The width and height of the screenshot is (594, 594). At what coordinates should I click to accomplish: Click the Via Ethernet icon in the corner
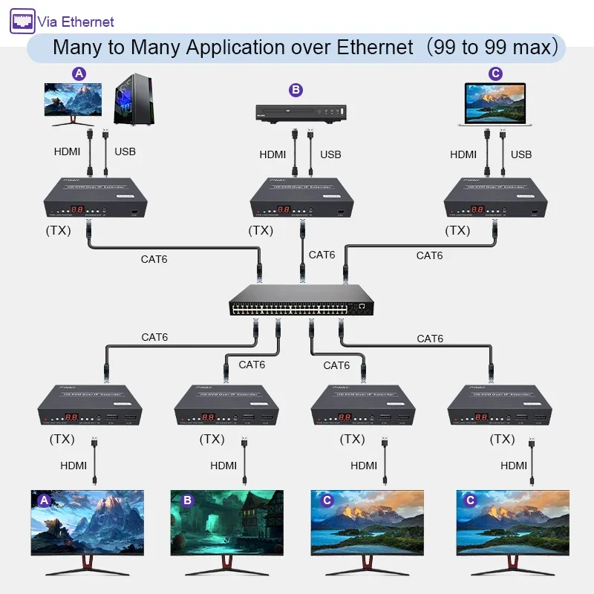(x=22, y=21)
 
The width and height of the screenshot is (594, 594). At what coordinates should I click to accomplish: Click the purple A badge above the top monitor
(x=79, y=73)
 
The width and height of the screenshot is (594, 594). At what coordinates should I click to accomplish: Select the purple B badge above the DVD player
(x=296, y=90)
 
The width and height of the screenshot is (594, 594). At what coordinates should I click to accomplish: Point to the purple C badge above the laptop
(x=496, y=73)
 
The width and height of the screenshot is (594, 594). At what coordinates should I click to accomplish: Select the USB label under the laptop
(x=521, y=154)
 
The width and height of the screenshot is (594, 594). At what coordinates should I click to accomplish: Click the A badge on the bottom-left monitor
(x=44, y=500)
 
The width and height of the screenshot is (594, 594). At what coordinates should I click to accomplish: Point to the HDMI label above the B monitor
(x=223, y=466)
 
